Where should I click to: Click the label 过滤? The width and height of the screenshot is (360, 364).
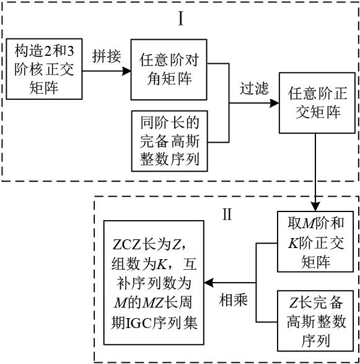click(254, 88)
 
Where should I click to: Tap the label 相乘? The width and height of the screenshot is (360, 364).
click(233, 300)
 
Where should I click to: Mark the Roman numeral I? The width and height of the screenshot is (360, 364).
click(181, 19)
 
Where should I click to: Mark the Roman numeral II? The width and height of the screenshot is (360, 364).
click(227, 214)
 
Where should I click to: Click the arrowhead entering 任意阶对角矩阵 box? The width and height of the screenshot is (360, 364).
click(126, 71)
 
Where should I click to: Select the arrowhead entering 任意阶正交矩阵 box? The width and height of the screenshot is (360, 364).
click(274, 103)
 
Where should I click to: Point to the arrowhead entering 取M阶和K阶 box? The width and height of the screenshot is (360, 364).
click(315, 206)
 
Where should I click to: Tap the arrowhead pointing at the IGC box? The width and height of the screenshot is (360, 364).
click(208, 283)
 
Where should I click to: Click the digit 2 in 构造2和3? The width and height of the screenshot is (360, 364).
click(48, 51)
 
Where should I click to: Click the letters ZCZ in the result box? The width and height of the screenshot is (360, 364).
click(126, 245)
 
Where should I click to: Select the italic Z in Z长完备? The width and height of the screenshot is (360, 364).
click(294, 303)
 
